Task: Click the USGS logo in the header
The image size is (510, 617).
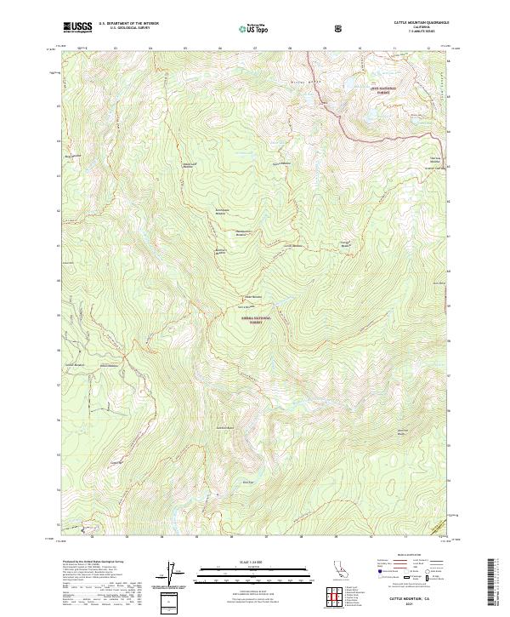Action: click(77, 27)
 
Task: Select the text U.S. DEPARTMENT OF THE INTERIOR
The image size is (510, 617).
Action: click(127, 24)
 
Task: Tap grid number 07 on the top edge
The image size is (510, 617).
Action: click(255, 49)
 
